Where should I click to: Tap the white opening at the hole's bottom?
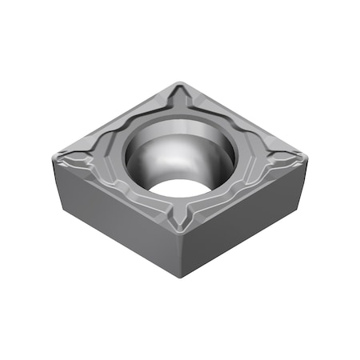(178, 187)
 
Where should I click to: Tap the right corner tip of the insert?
(307, 151)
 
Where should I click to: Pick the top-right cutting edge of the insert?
(244, 115)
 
